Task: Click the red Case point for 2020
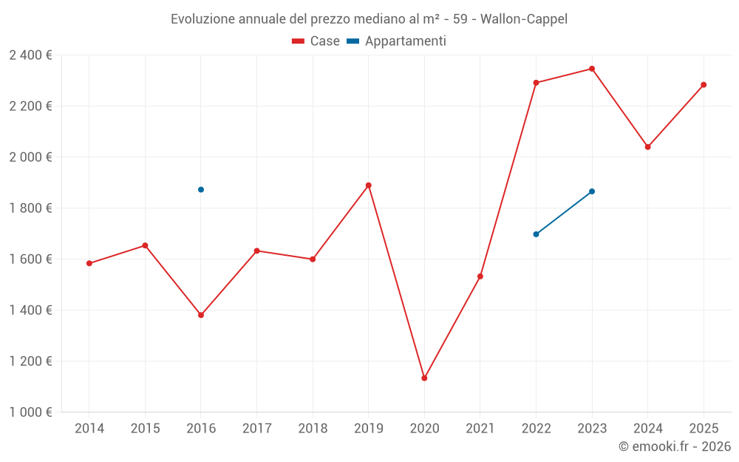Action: pyautogui.click(x=424, y=378)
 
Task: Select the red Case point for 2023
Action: pyautogui.click(x=592, y=69)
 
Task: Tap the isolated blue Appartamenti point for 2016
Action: pyautogui.click(x=201, y=189)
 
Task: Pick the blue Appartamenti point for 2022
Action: pyautogui.click(x=536, y=234)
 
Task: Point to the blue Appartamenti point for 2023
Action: pyautogui.click(x=592, y=191)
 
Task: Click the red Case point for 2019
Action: pyautogui.click(x=368, y=186)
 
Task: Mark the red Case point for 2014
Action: pyautogui.click(x=89, y=263)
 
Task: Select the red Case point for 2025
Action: pyautogui.click(x=704, y=85)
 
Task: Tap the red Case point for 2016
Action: pyautogui.click(x=201, y=315)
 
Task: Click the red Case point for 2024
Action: pyautogui.click(x=648, y=147)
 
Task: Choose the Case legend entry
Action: pyautogui.click(x=316, y=41)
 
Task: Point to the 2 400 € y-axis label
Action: pyautogui.click(x=31, y=55)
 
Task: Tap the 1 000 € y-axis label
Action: pyautogui.click(x=31, y=412)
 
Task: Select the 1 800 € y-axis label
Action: pyautogui.click(x=31, y=208)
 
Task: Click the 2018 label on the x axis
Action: pyautogui.click(x=313, y=429)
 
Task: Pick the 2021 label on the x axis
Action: pyautogui.click(x=480, y=429)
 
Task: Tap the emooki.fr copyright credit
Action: pyautogui.click(x=675, y=446)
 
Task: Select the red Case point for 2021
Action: pyautogui.click(x=480, y=276)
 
